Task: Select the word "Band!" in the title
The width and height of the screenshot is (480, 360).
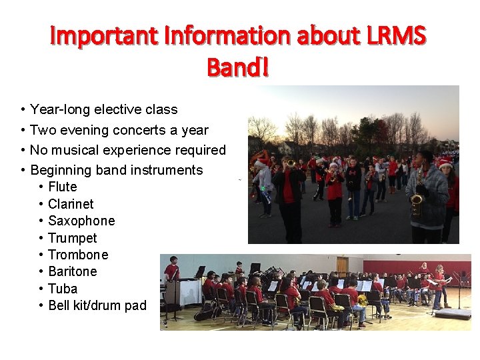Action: coord(238,67)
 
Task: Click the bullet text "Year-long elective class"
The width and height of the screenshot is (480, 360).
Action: coord(104,109)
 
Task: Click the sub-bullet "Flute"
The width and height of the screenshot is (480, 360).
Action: coord(63,187)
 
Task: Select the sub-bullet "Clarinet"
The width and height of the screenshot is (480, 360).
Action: coord(71,204)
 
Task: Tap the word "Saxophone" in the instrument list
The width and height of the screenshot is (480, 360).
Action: coord(81,221)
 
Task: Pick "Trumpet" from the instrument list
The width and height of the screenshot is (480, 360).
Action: coord(73,238)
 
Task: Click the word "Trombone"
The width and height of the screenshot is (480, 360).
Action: coord(78,255)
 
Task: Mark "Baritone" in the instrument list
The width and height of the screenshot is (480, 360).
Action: coord(73,271)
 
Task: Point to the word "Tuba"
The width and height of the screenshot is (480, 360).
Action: coord(63,289)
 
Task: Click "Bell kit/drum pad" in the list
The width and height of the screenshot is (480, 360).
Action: coord(97,305)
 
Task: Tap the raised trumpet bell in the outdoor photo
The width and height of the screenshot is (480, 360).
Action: coord(290,163)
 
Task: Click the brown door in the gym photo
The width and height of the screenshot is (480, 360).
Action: coord(343,265)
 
